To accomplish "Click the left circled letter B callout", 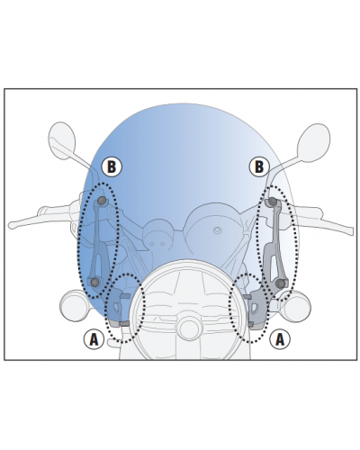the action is click(x=112, y=166).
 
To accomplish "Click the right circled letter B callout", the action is click(x=259, y=166).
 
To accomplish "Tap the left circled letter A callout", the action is click(x=94, y=339).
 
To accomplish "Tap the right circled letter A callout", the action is click(x=280, y=339).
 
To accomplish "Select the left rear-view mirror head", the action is click(x=61, y=140).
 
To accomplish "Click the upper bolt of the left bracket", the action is click(x=102, y=201).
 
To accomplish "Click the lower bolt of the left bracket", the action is click(x=94, y=282).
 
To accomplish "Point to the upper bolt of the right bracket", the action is click(x=272, y=201).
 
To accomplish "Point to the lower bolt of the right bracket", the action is click(x=280, y=283).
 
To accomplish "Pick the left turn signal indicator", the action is click(x=74, y=306).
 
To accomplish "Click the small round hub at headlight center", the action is click(x=188, y=328).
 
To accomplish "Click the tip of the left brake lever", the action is click(x=12, y=225).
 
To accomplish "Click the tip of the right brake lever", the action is click(x=350, y=230).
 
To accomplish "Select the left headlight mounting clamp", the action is click(x=119, y=308).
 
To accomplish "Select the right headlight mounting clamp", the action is click(x=256, y=310).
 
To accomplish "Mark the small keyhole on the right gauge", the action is click(x=217, y=230).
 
